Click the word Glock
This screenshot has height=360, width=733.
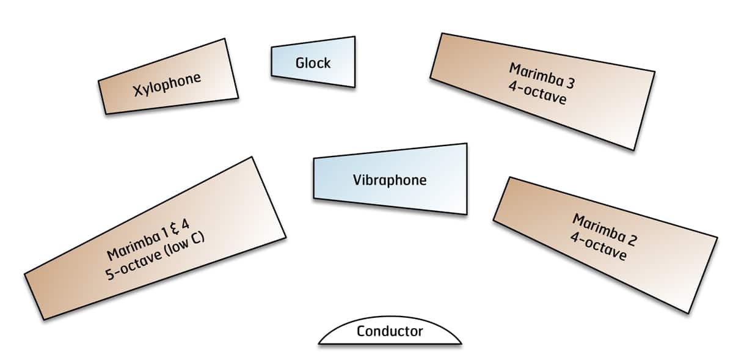pos(313,62)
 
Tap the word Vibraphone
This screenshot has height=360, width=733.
pos(389,180)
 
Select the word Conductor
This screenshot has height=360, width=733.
pos(389,331)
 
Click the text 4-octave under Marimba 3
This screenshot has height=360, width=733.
pos(536,94)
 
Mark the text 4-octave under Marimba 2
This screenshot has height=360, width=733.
pos(597,246)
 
